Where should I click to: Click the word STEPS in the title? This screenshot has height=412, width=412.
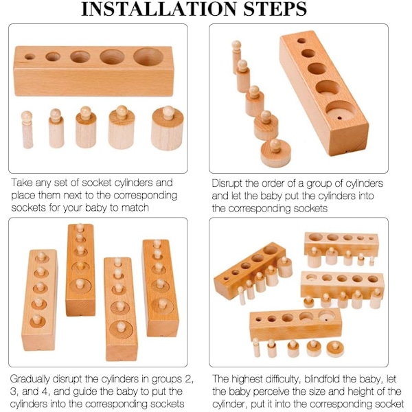tap(275, 9)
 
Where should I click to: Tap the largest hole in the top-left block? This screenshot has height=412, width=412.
tap(148, 57)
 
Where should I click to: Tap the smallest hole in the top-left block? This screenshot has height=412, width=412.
tap(30, 57)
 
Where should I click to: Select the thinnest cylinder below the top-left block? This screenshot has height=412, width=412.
tap(27, 130)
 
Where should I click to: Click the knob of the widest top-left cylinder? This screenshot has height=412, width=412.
tap(168, 112)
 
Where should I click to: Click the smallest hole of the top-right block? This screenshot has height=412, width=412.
tap(301, 41)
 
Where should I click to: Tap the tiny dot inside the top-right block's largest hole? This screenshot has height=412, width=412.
tap(339, 118)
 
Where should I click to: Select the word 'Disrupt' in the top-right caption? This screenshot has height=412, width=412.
tap(227, 183)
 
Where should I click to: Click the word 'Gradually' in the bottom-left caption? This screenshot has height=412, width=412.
tap(30, 380)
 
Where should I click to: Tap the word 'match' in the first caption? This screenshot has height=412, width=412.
tap(135, 208)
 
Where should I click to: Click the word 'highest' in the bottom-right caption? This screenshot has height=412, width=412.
tap(245, 380)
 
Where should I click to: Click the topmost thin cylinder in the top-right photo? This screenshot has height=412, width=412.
tap(236, 57)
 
